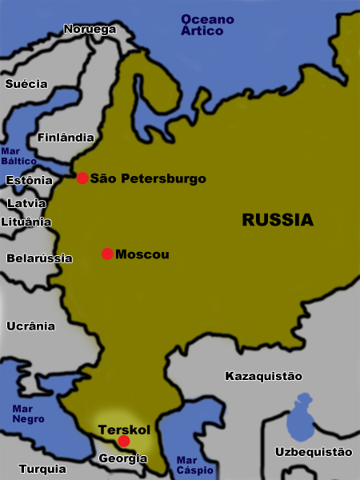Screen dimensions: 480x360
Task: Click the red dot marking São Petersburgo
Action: point(82,178)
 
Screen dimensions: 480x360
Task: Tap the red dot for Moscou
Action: point(107,254)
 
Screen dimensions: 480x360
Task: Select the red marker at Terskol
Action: point(123,441)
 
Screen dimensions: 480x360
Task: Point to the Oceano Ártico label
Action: point(207,24)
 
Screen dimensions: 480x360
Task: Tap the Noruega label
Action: point(90,29)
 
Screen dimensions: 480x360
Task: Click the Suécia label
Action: point(26,83)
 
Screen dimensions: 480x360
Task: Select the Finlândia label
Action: point(66,137)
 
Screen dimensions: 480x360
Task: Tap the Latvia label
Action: point(26,203)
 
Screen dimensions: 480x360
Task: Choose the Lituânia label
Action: point(26,222)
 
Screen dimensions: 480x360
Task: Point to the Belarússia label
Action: point(39,258)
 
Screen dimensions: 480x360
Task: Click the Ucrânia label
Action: point(30,326)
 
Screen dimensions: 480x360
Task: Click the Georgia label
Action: point(122,458)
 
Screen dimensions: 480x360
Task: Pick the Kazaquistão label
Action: point(263,375)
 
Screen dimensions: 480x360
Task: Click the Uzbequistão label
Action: point(313,452)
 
